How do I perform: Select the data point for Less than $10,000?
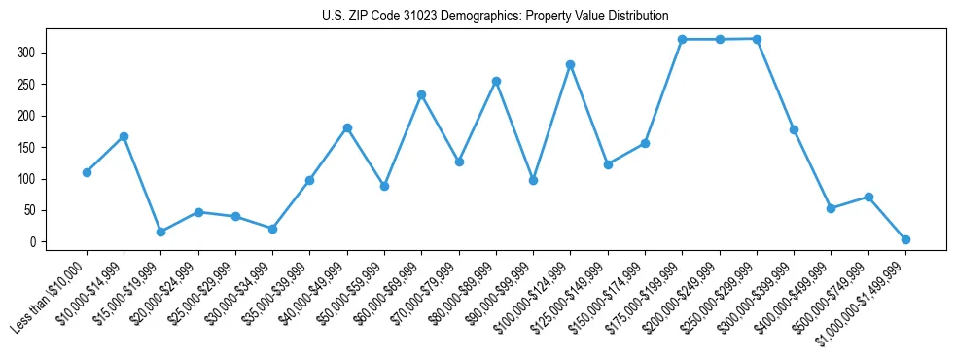point(87,172)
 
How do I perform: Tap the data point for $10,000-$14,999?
point(124,136)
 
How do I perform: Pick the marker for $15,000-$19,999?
point(160,232)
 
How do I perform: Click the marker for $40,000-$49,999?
point(347,127)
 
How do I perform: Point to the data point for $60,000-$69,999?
point(421,94)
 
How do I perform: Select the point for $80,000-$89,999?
point(496,81)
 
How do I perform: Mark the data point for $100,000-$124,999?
point(570,64)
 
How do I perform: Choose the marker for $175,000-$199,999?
point(682,39)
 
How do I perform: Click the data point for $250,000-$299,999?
point(757,39)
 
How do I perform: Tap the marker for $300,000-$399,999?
point(794,129)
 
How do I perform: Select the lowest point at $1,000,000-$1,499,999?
point(905,239)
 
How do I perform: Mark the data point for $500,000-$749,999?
point(868,197)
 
